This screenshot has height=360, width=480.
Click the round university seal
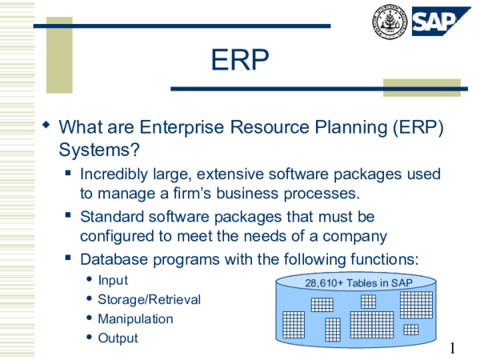coord(389,22)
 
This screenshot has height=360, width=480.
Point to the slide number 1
coord(453,347)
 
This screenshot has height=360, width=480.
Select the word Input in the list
coord(113,281)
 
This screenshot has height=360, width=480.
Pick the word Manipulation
coord(135,318)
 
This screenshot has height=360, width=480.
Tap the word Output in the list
coord(118,338)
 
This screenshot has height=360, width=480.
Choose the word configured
coord(118,237)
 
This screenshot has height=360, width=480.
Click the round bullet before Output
coord(87,338)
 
